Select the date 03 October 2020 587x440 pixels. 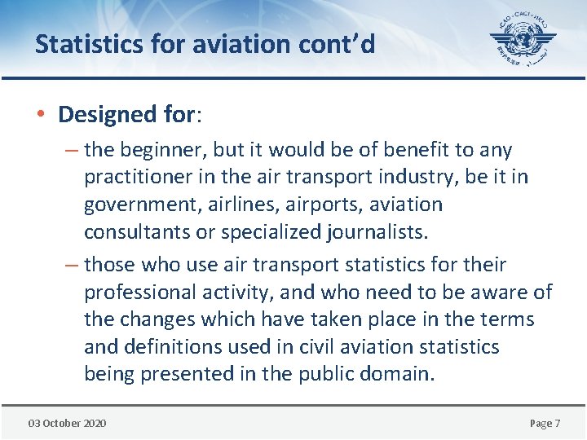pyautogui.click(x=67, y=423)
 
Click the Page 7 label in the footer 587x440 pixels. pyautogui.click(x=545, y=423)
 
